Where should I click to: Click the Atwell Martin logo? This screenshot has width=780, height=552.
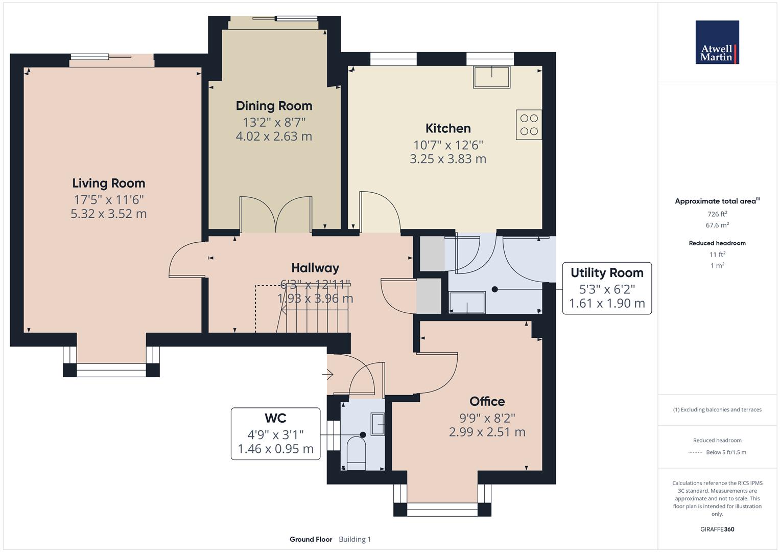click(x=717, y=42)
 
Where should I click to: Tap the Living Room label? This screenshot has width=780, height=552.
click(x=108, y=183)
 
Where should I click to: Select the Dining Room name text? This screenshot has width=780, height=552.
click(x=274, y=106)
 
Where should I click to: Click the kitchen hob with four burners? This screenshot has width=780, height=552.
click(x=529, y=125)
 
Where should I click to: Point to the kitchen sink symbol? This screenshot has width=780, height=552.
click(x=492, y=77)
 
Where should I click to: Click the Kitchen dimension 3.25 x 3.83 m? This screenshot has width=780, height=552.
click(x=448, y=159)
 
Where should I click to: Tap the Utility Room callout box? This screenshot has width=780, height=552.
click(x=607, y=288)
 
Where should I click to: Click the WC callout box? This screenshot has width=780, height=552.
click(x=275, y=433)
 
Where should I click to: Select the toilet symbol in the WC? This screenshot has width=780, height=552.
click(x=356, y=452)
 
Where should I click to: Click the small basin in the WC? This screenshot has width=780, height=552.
click(x=377, y=425)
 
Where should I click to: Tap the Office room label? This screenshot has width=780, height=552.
click(x=487, y=401)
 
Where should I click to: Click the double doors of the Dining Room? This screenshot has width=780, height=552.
click(x=276, y=215)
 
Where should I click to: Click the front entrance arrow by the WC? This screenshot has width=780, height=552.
click(x=327, y=375)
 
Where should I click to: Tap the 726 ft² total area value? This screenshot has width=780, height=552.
click(x=717, y=214)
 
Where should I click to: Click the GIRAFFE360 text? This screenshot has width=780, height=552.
click(x=717, y=529)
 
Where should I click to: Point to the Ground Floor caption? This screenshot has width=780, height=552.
click(x=311, y=539)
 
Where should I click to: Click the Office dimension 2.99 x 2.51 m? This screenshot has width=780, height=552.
click(x=487, y=432)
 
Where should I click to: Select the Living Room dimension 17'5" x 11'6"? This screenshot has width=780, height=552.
click(x=108, y=199)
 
